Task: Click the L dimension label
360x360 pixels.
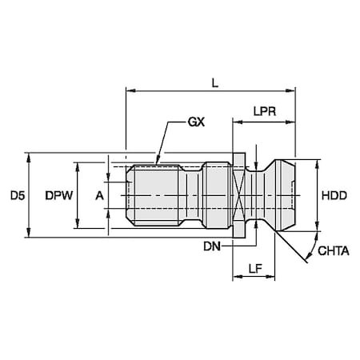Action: (215, 84)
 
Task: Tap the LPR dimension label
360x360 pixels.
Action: (264, 111)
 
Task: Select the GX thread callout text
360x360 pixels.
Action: (196, 122)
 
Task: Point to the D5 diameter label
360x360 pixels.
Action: (18, 195)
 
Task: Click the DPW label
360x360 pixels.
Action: (59, 195)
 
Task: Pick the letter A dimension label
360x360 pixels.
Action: (99, 196)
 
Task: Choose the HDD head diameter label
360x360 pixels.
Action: (334, 195)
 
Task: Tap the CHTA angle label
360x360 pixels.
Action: (334, 251)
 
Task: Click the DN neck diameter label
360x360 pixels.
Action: (212, 246)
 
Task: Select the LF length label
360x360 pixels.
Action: (255, 269)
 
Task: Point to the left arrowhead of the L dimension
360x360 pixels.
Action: (130, 90)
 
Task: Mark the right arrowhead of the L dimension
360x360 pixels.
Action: (290, 90)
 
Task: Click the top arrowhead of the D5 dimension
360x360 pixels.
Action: (29, 158)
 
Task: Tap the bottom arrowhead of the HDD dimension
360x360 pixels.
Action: (317, 226)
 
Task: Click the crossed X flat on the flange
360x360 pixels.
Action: (238, 196)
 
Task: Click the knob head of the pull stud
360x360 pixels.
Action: (284, 195)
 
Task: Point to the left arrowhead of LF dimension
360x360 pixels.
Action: (238, 277)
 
